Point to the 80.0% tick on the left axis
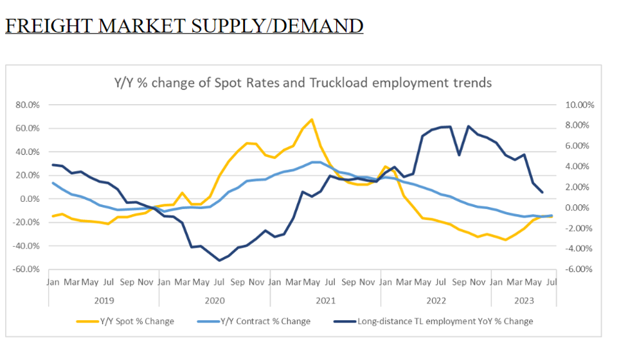click(x=26, y=105)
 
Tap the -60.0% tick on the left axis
click(x=25, y=269)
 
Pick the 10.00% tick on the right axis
click(x=580, y=105)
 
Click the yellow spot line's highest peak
click(x=312, y=120)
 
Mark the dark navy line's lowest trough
click(x=219, y=260)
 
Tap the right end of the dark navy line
click(x=542, y=192)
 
